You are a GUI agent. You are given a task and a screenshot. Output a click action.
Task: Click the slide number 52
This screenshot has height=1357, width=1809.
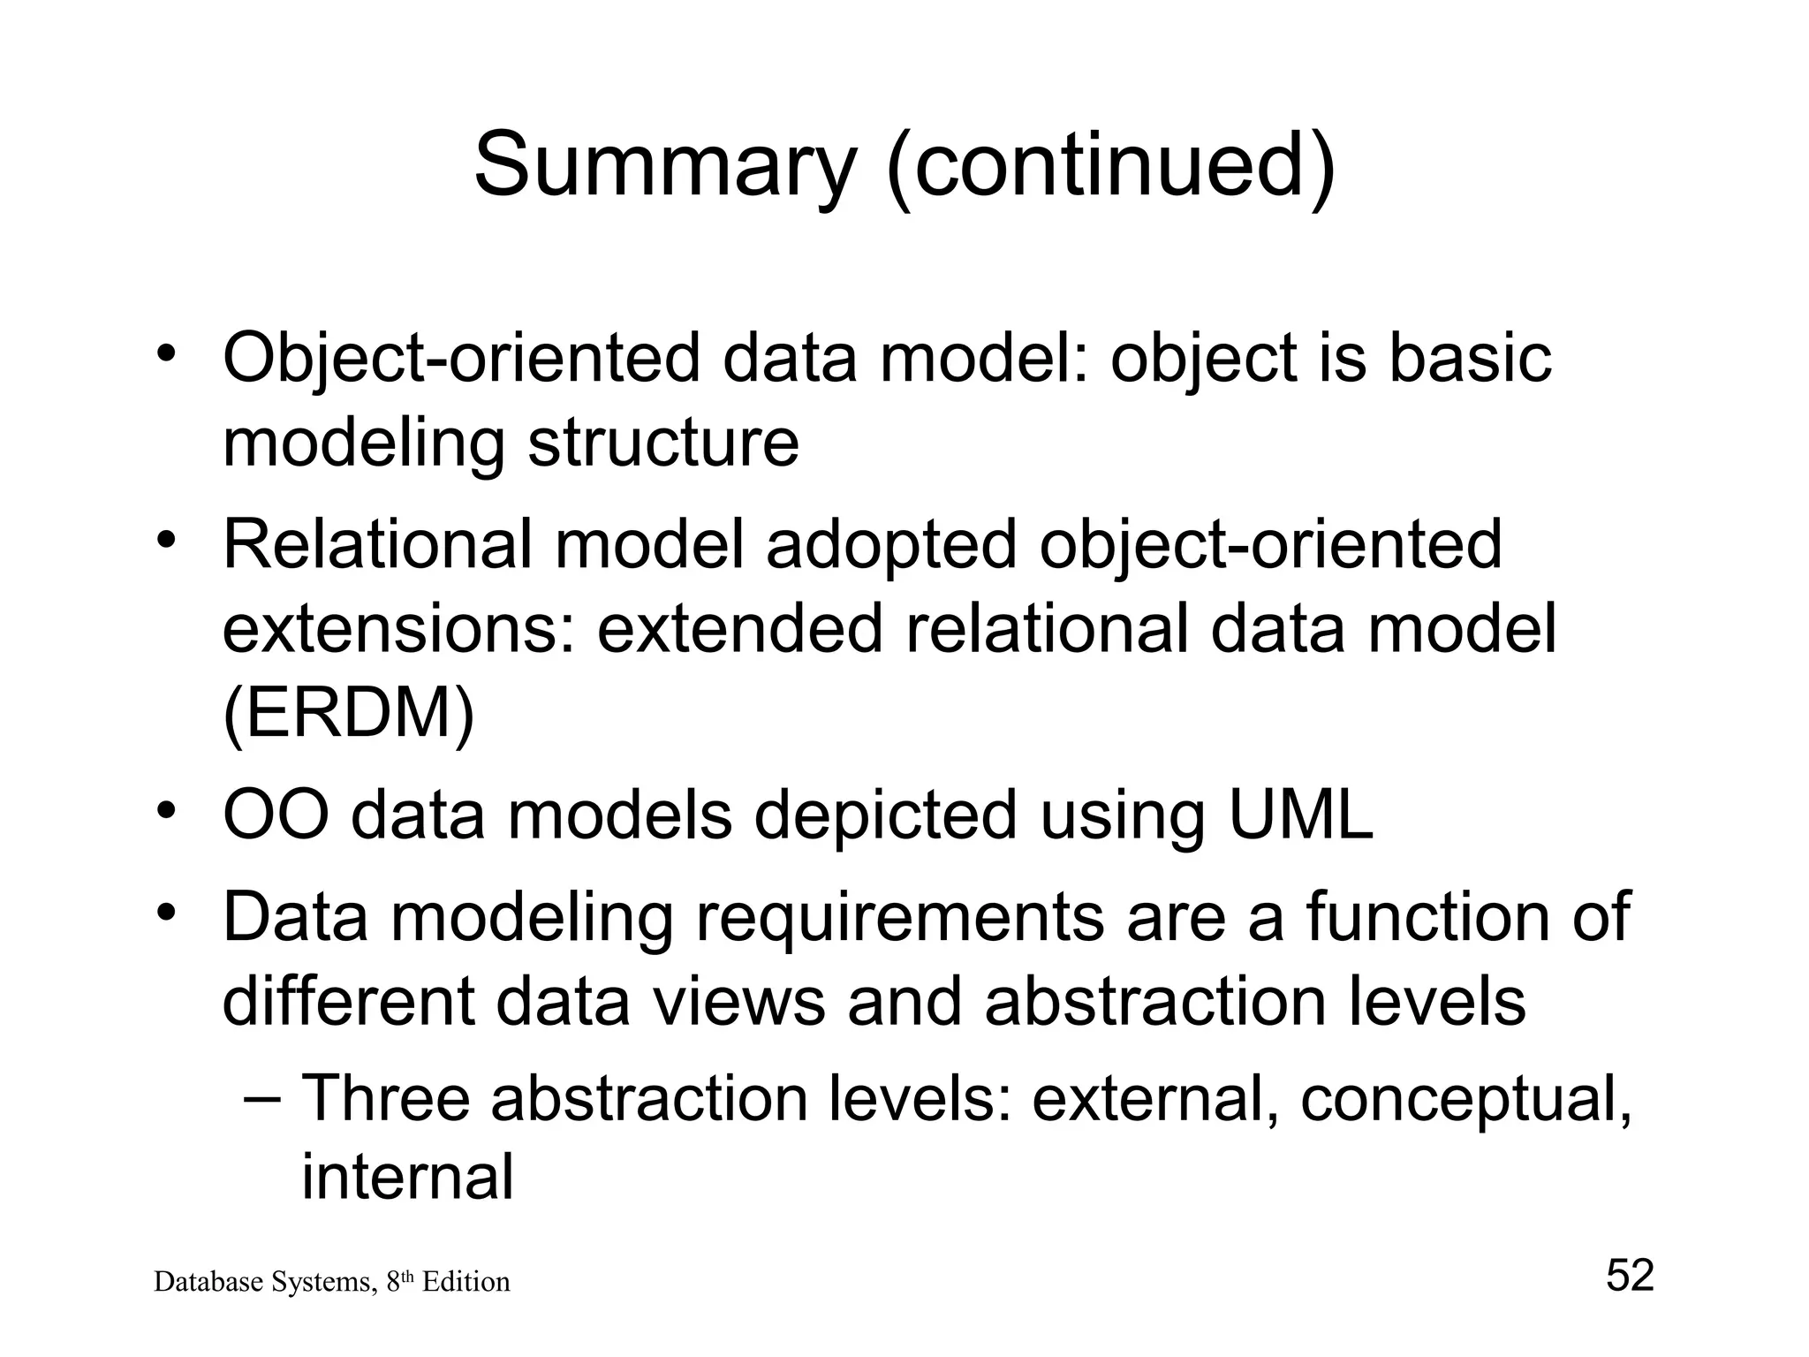[x=1629, y=1276]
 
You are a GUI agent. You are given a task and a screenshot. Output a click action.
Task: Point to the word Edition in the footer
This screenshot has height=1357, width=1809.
[x=465, y=1282]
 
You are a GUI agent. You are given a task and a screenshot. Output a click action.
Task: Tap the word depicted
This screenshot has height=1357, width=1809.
[x=885, y=816]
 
